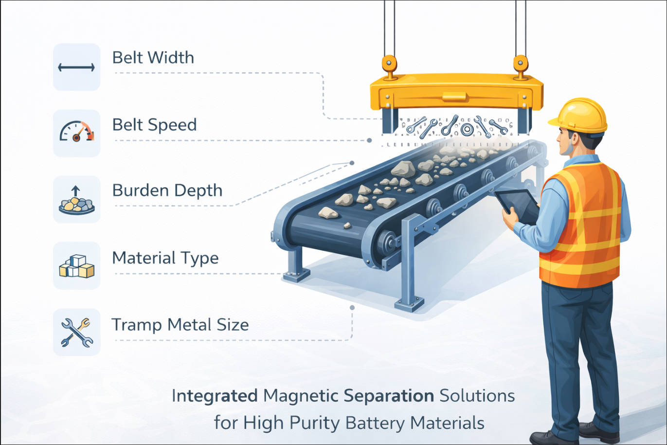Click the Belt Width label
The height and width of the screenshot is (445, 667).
153,57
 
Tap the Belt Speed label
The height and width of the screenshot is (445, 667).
154,125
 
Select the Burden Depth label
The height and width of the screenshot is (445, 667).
167,190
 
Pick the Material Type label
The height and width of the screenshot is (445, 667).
165,258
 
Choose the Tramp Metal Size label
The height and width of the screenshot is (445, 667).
180,325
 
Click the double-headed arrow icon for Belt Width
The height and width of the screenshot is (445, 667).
76,68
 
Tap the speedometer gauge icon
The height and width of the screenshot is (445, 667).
76,133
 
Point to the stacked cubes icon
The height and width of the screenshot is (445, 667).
76,266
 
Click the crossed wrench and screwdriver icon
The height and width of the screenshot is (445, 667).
76,333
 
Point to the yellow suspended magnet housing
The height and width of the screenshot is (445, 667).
456,92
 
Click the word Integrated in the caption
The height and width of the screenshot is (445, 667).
215,396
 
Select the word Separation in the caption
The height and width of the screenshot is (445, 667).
389,396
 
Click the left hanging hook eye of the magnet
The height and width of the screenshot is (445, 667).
389,63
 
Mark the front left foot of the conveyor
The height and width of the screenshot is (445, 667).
296,275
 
